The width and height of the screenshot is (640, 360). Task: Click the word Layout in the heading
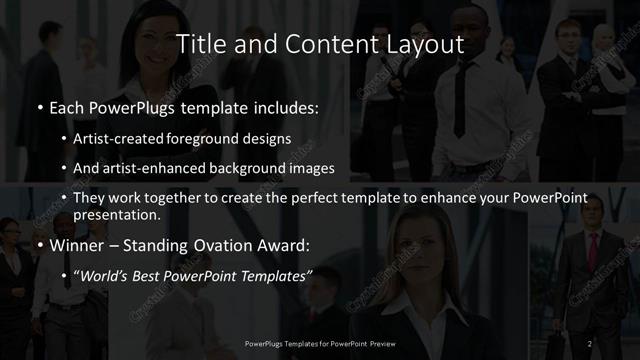pyautogui.click(x=426, y=44)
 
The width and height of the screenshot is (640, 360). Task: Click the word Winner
pyautogui.click(x=78, y=244)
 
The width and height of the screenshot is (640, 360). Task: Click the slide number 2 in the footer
pyautogui.click(x=589, y=344)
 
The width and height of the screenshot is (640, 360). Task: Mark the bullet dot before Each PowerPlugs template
pyautogui.click(x=39, y=105)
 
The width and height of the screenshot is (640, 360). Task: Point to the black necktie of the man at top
pyautogui.click(x=460, y=100)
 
